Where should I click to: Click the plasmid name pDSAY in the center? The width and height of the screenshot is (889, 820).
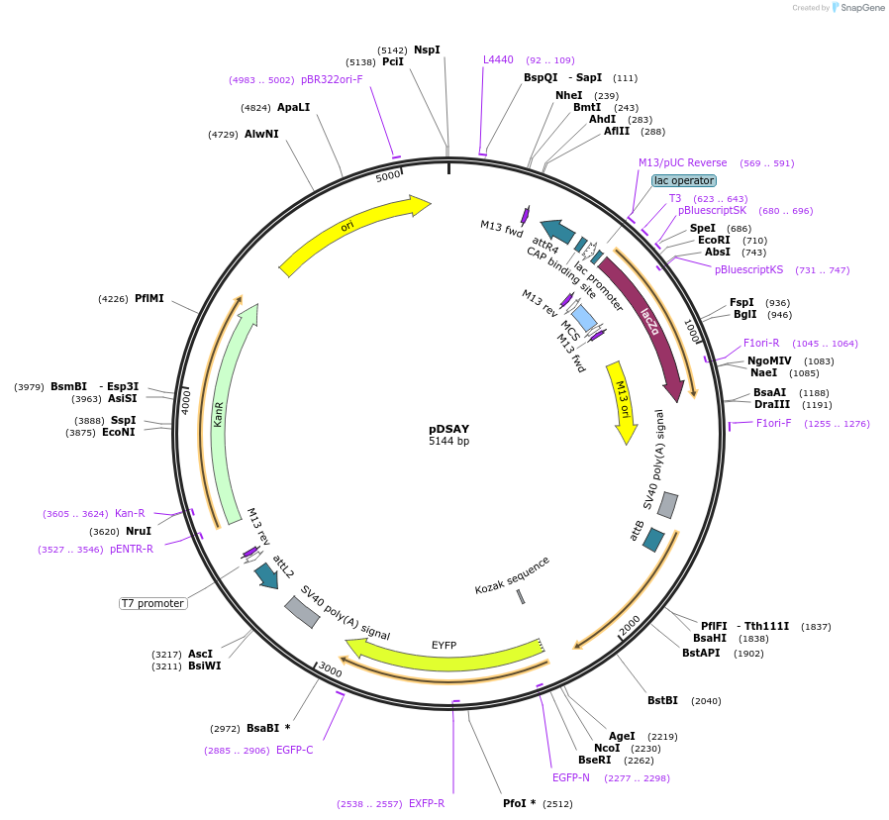pos(448,429)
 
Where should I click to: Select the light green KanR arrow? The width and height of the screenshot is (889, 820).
pos(231,416)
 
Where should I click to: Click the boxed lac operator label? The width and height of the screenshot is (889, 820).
pos(683,180)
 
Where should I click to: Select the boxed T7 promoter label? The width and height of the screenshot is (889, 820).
pos(152,603)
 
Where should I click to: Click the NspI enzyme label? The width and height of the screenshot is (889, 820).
pos(427,50)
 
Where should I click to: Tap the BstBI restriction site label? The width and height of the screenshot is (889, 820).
pos(662,700)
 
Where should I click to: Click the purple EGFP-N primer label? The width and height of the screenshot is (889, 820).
pos(570,777)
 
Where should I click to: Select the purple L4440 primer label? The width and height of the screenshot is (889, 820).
pos(498,60)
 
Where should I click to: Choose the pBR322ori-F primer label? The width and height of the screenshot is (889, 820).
pos(332,79)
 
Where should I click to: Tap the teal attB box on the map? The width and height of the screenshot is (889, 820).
pos(653,540)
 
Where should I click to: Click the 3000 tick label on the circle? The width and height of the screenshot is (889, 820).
pos(330,671)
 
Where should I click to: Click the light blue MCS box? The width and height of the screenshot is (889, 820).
pos(585,318)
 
